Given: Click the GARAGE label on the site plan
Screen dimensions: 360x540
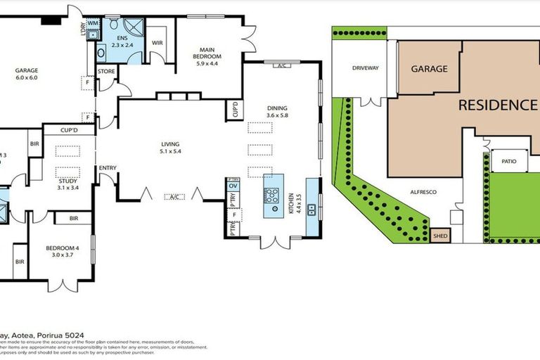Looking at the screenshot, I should pos(429,69).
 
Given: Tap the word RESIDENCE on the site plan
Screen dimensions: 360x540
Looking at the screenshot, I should pos(496,105).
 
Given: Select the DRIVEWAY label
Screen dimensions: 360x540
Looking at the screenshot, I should pos(366,69).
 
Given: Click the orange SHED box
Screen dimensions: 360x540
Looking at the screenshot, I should pos(440,237).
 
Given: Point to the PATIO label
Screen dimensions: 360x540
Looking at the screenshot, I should pos(509,162).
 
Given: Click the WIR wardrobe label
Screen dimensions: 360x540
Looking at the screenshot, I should pos(157,43).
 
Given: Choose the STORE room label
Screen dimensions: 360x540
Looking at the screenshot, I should pos(107,71).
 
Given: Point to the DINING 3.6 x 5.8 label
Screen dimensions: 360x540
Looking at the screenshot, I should pos(277,112).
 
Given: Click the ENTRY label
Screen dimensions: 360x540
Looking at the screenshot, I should pos(108,167).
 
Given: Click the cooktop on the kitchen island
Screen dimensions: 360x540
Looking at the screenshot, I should pos(272,196).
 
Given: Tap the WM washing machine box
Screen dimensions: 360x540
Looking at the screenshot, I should pos(94,24).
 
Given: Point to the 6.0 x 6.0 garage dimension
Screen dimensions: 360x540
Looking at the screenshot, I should pos(27,79).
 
